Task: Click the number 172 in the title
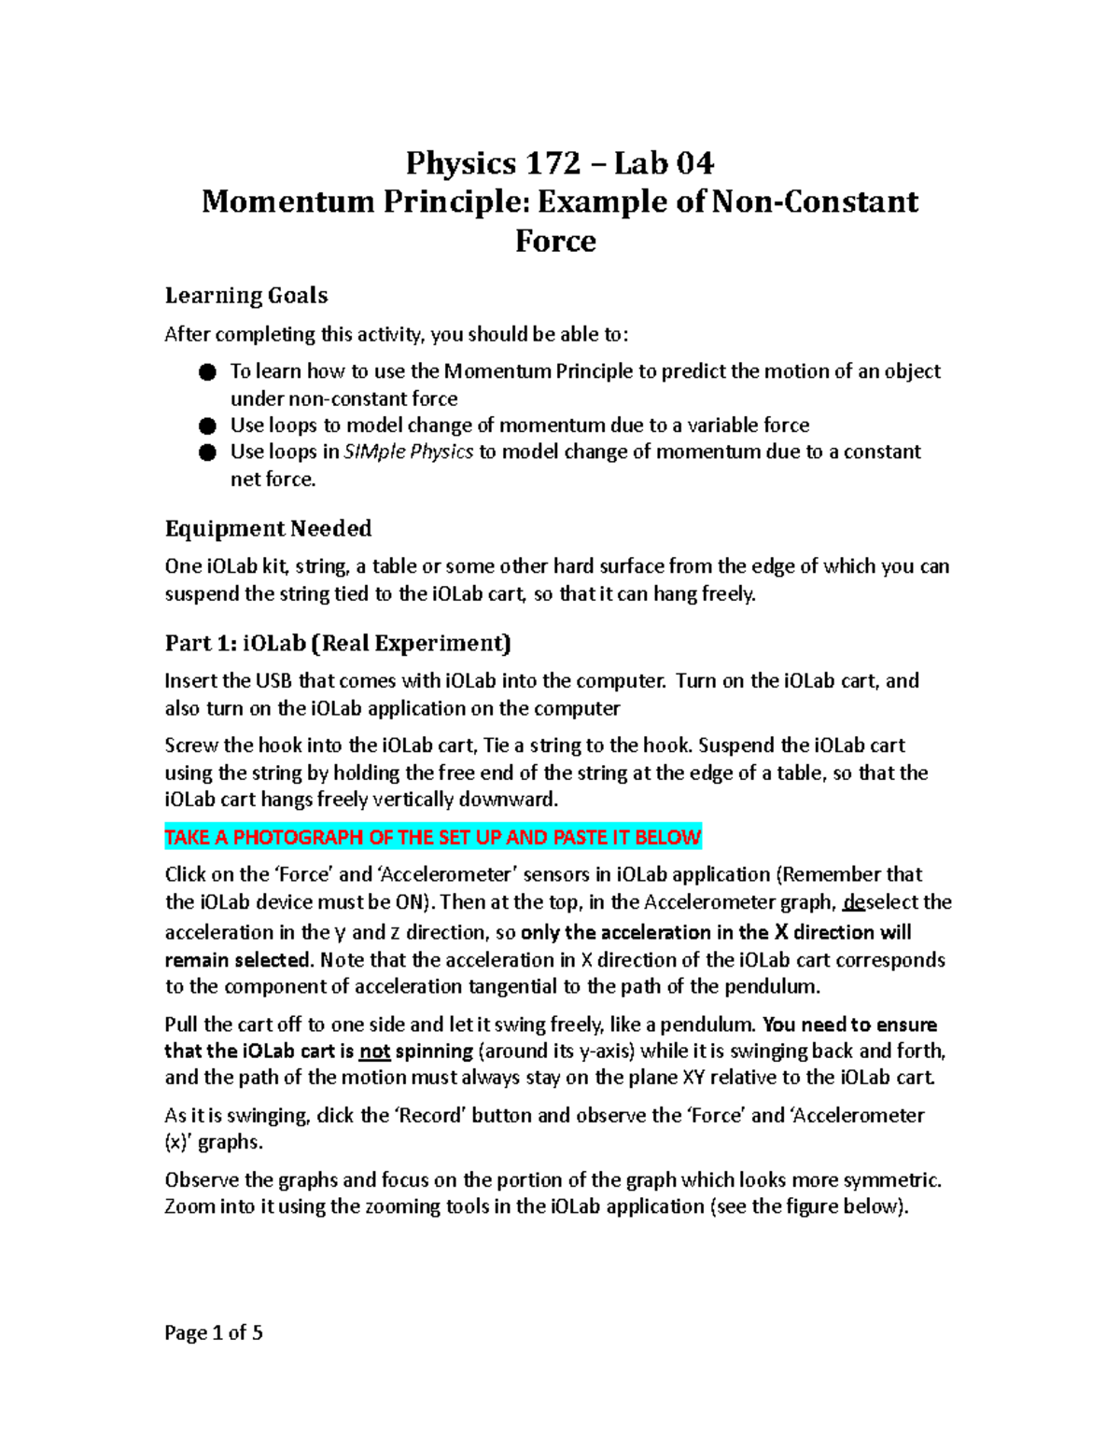553,164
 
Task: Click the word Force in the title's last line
555,242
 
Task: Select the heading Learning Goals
246,296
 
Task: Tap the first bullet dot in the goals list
207,372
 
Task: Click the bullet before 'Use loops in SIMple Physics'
207,453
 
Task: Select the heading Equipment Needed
268,529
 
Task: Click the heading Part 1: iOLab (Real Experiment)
338,644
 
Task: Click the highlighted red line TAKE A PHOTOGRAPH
432,837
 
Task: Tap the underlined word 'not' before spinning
374,1052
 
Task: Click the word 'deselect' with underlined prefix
882,902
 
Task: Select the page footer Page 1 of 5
214,1333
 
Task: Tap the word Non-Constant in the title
815,202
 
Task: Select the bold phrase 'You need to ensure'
849,1024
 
